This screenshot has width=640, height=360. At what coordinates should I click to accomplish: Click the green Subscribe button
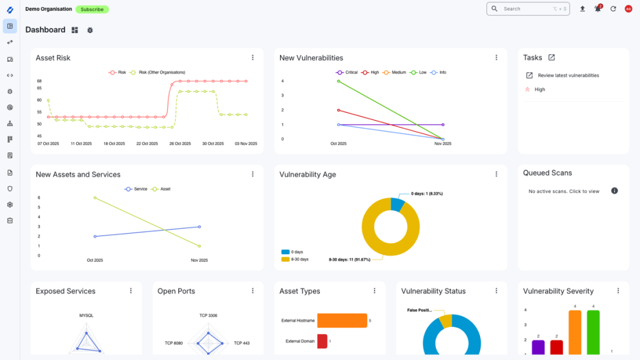pyautogui.click(x=92, y=9)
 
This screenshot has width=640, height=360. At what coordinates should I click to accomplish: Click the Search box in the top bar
pyautogui.click(x=527, y=9)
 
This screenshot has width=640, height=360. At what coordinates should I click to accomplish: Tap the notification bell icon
pyautogui.click(x=597, y=9)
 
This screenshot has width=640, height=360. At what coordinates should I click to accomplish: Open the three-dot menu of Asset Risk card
pyautogui.click(x=252, y=57)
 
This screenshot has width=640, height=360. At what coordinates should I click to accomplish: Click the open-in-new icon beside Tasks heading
pyautogui.click(x=551, y=57)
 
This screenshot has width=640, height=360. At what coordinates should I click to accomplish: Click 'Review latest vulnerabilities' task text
pyautogui.click(x=568, y=76)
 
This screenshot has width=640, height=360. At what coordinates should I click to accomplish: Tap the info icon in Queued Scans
pyautogui.click(x=614, y=191)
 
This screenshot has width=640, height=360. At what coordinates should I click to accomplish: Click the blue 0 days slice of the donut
pyautogui.click(x=397, y=204)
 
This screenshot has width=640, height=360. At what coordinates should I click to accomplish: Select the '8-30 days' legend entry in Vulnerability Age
pyautogui.click(x=296, y=259)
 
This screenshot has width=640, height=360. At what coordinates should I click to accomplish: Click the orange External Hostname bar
pyautogui.click(x=342, y=321)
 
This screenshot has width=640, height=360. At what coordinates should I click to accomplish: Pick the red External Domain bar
pyautogui.click(x=322, y=341)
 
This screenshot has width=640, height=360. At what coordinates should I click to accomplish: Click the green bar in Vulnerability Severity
pyautogui.click(x=593, y=331)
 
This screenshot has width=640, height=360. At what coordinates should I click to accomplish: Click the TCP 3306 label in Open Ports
pyautogui.click(x=208, y=316)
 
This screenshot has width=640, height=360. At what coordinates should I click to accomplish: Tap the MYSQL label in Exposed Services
pyautogui.click(x=86, y=316)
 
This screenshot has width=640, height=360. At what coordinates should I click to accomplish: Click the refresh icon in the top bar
pyautogui.click(x=613, y=9)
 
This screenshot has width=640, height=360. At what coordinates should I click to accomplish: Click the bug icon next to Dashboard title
pyautogui.click(x=90, y=30)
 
